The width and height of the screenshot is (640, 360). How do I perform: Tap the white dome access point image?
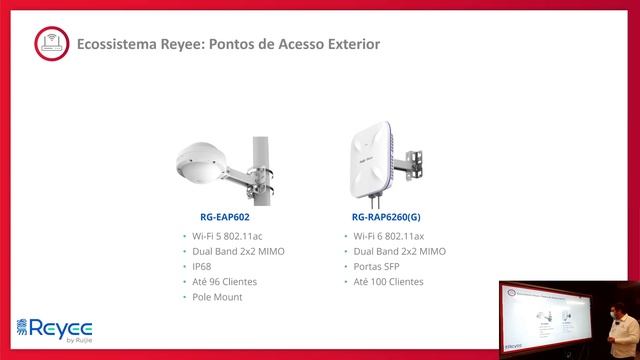[x=207, y=163]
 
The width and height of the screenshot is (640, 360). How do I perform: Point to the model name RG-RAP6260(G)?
[x=386, y=215]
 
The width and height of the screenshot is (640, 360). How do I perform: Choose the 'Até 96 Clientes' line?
[x=227, y=282]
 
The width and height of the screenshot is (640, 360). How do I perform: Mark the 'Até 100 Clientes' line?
[x=389, y=282]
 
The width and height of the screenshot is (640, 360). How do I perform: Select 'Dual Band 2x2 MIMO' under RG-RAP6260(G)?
[x=399, y=251]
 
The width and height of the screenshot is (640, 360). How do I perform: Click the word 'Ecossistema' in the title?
[x=109, y=45]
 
